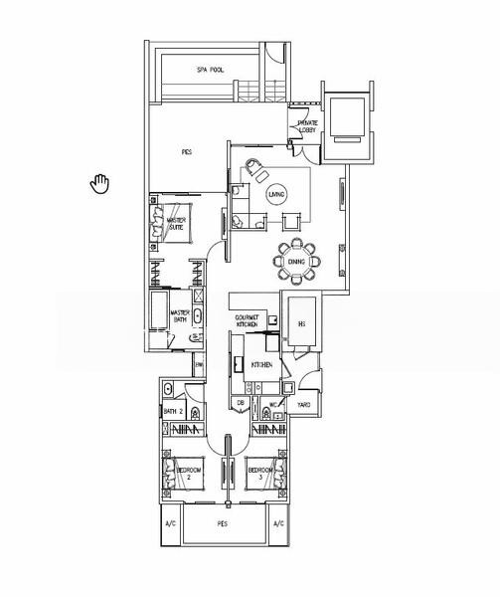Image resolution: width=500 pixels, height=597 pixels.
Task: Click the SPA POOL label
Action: [210, 70]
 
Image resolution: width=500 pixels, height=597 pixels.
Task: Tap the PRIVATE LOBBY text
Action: [307, 126]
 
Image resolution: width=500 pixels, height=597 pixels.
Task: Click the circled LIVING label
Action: [276, 193]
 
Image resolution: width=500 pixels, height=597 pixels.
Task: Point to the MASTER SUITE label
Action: [177, 224]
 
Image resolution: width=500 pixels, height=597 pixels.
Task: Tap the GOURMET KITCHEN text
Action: [247, 321]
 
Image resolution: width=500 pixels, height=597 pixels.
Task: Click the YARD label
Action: [304, 405]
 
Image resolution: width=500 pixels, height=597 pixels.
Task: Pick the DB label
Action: [241, 403]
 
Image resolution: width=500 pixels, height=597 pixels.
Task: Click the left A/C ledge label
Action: [168, 523]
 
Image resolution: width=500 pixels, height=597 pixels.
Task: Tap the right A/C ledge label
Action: [278, 523]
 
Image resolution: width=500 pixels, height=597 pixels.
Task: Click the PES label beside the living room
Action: [186, 152]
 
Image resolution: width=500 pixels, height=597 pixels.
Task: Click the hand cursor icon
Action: [99, 184]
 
